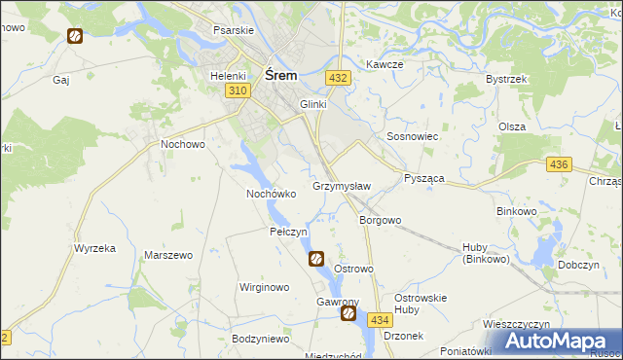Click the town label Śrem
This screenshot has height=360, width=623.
[280, 75]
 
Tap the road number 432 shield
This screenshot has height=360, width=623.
[338, 77]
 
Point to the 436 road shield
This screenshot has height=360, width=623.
[558, 165]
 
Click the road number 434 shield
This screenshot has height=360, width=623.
[380, 320]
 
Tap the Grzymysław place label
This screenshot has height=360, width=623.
[341, 185]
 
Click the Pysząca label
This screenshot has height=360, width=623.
[423, 179]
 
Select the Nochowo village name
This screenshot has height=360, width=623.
[182, 144]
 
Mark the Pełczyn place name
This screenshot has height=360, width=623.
[288, 233]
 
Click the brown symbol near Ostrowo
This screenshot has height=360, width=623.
[316, 259]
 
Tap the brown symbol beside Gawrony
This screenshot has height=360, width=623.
[348, 314]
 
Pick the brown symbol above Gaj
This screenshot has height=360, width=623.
[74, 36]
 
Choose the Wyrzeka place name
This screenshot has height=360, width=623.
[94, 248]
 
